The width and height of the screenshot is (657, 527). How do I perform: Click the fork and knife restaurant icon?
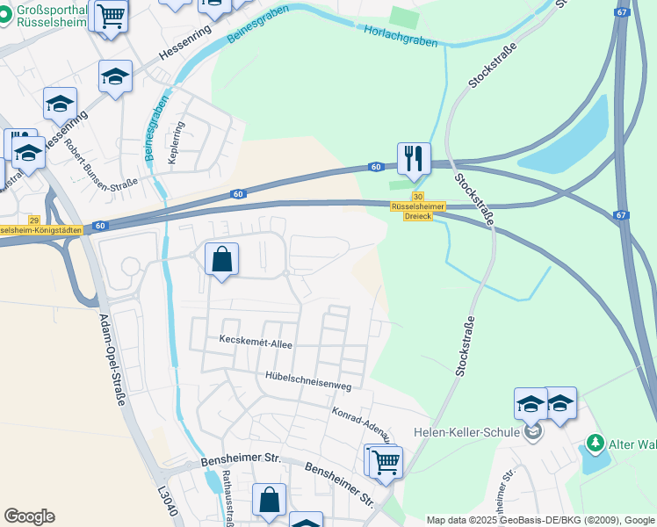pyautogui.click(x=414, y=159)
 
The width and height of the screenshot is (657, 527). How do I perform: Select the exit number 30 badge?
pyautogui.click(x=418, y=197)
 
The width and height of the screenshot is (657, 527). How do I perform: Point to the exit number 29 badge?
pyautogui.click(x=34, y=220)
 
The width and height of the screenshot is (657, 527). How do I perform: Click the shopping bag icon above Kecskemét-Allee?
pyautogui.click(x=221, y=260)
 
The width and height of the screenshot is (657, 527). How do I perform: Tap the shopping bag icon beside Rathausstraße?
pyautogui.click(x=269, y=501)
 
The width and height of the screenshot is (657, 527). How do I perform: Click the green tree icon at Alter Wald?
pyautogui.click(x=596, y=441)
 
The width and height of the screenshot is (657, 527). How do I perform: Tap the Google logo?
pyautogui.click(x=29, y=516)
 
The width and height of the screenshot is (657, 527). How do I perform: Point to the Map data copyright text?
pyautogui.click(x=540, y=521)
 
